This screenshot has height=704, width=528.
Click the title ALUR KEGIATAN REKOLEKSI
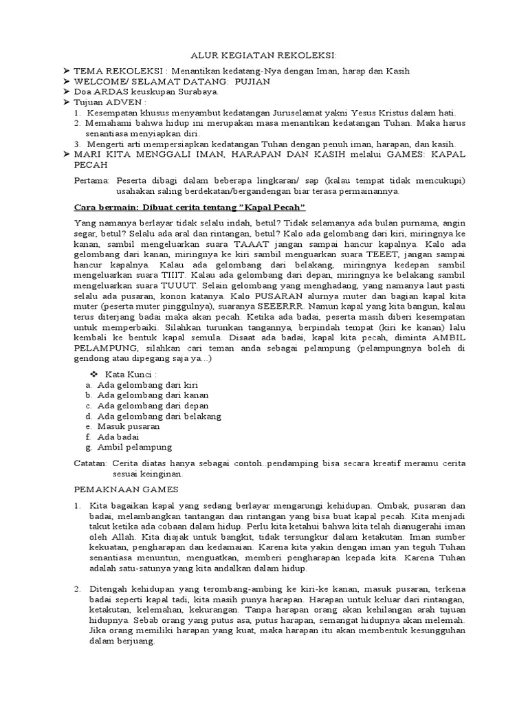(x=263, y=56)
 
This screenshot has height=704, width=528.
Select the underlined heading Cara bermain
(x=189, y=207)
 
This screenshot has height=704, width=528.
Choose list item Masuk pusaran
(x=129, y=426)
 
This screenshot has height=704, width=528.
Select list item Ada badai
(x=118, y=437)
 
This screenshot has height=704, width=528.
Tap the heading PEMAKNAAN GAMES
(x=126, y=489)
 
